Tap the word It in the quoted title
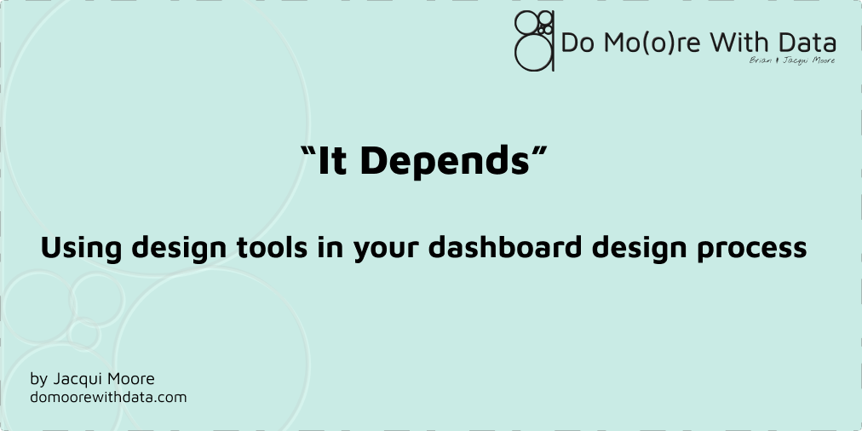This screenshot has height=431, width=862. point(332,161)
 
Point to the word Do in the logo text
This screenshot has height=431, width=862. point(576,43)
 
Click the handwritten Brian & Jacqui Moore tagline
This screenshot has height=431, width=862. point(791,60)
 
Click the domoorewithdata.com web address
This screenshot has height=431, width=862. point(108,397)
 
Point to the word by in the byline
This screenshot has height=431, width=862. point(37,379)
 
